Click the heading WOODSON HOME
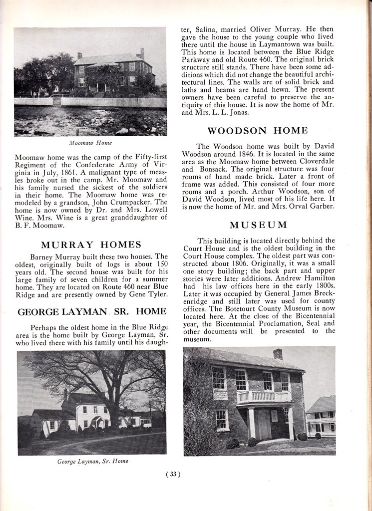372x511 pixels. (258, 131)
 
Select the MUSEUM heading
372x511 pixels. (258, 225)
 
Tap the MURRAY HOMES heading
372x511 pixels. (91, 245)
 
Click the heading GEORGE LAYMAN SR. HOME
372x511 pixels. (92, 312)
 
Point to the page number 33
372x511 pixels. (173, 475)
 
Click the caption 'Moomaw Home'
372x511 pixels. (90, 143)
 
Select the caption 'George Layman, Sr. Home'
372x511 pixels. (92, 462)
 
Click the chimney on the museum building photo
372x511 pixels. (278, 354)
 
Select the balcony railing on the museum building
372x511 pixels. (264, 397)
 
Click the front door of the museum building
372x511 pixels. (264, 424)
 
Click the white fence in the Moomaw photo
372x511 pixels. (113, 102)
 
